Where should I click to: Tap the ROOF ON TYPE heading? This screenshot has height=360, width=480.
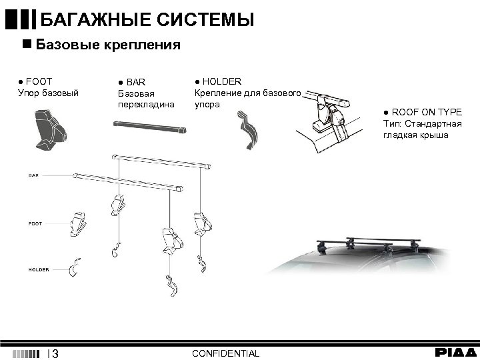426,112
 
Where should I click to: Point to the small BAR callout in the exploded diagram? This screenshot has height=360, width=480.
33,175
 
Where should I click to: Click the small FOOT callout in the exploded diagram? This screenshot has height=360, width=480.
35,223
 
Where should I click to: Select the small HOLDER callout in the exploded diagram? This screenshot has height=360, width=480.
38,269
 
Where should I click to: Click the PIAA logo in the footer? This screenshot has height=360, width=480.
456,352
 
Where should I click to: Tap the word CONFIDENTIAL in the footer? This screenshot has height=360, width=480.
225,353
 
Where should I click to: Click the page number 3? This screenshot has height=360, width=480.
55,353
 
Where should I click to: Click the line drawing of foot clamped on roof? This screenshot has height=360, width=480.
333,123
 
